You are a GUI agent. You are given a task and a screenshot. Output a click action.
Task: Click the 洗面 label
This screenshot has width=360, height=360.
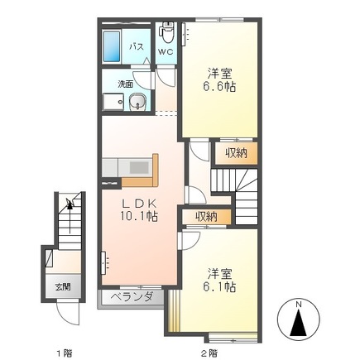[x=126, y=84]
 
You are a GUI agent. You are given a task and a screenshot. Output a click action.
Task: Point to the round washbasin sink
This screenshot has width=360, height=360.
[x=137, y=103]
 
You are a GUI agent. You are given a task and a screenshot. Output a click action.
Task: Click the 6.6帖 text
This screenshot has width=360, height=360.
[x=218, y=86]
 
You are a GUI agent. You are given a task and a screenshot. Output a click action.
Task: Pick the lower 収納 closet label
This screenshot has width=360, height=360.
[x=207, y=217]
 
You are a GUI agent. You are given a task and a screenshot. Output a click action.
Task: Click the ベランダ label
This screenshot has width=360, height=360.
[x=128, y=295]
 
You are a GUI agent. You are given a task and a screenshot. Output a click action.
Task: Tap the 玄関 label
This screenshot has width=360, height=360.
[x=63, y=286]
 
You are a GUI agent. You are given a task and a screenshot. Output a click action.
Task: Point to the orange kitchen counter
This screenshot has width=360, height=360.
[x=142, y=168]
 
